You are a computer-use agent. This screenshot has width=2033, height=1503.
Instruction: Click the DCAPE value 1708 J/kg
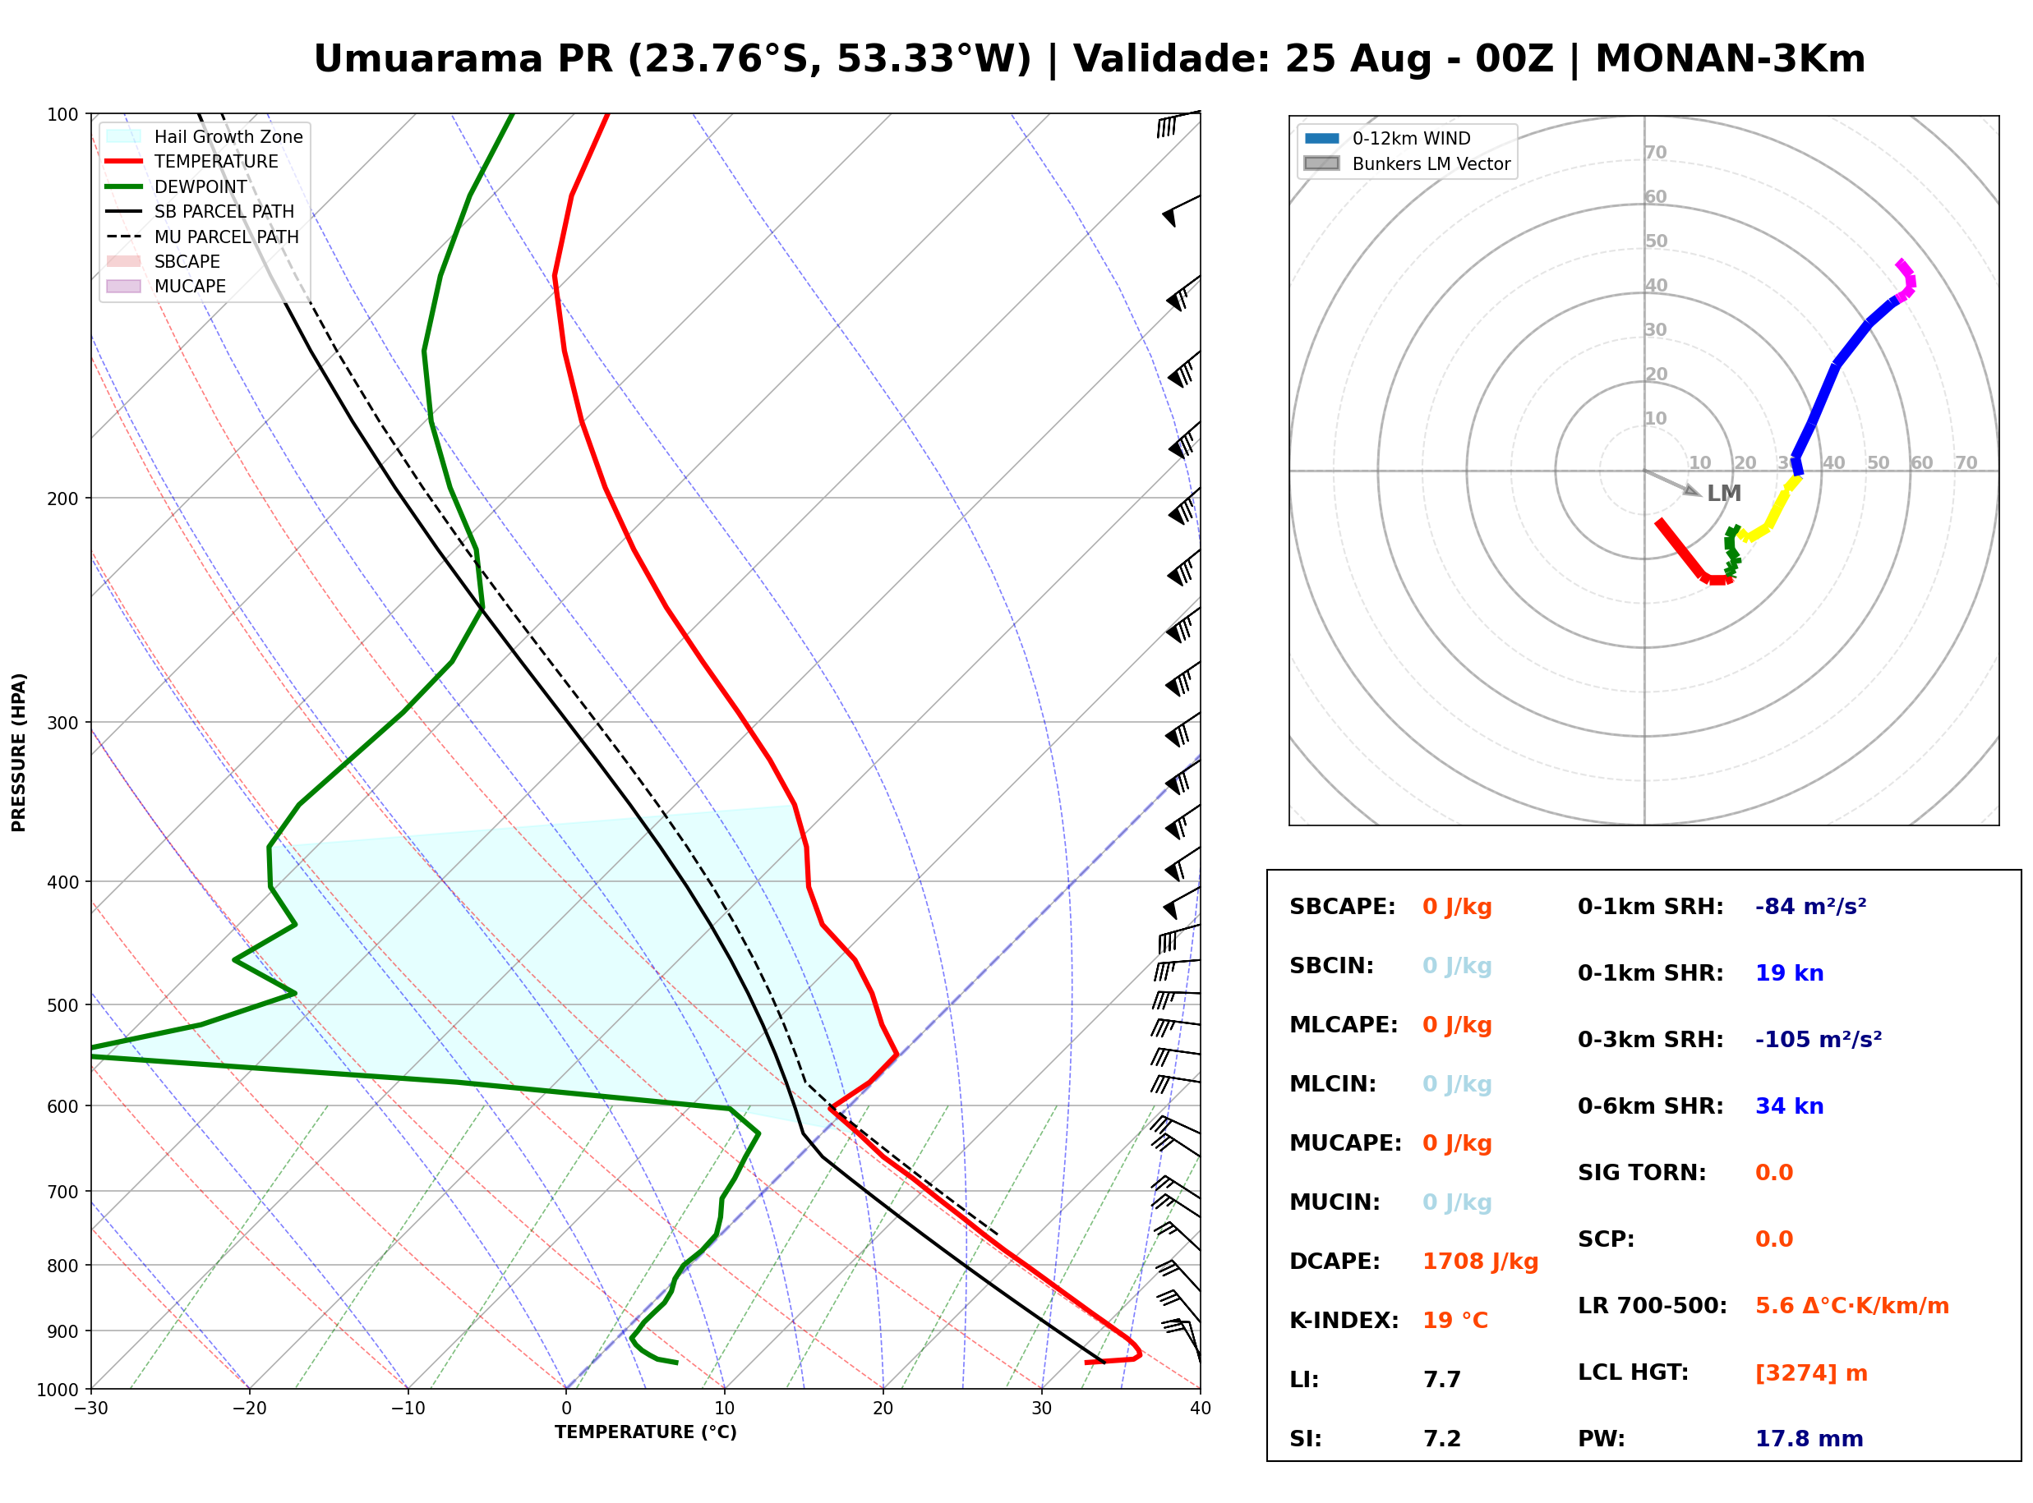[x=1480, y=1262]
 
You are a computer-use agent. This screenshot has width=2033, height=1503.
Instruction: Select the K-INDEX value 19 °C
[x=1455, y=1321]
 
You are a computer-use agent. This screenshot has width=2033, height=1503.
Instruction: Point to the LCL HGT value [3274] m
[x=1811, y=1373]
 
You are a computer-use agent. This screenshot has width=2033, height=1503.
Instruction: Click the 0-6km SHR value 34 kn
[x=1789, y=1106]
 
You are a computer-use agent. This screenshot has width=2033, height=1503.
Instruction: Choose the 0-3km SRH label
[x=1650, y=1040]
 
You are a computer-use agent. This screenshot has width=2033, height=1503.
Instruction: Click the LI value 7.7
[x=1441, y=1380]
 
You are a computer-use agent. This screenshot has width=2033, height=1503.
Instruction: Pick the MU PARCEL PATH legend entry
[x=204, y=237]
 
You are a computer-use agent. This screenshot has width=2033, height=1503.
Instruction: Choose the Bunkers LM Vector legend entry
[x=1407, y=163]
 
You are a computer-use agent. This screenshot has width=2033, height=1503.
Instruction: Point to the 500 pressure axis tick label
[x=62, y=1005]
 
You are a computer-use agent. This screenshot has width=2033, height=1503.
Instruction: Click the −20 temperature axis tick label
[x=248, y=1409]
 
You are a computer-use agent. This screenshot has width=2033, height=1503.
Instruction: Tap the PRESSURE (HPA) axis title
[x=19, y=752]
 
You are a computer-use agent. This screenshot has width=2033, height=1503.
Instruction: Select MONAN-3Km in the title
[x=1730, y=59]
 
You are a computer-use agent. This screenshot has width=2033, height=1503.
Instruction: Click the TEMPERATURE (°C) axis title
[x=645, y=1432]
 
